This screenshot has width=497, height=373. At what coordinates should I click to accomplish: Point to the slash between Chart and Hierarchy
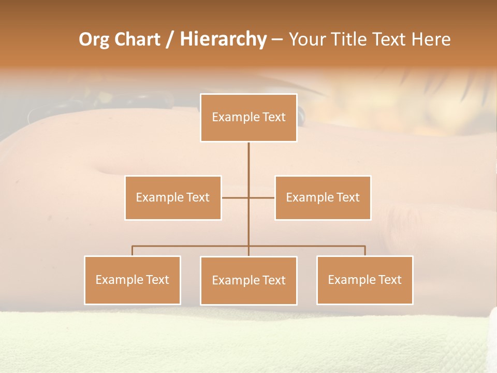(170, 40)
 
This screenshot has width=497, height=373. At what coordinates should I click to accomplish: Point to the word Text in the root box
(274, 118)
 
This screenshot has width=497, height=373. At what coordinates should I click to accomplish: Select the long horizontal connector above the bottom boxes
(192, 246)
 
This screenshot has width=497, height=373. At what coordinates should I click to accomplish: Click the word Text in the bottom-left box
(157, 280)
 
